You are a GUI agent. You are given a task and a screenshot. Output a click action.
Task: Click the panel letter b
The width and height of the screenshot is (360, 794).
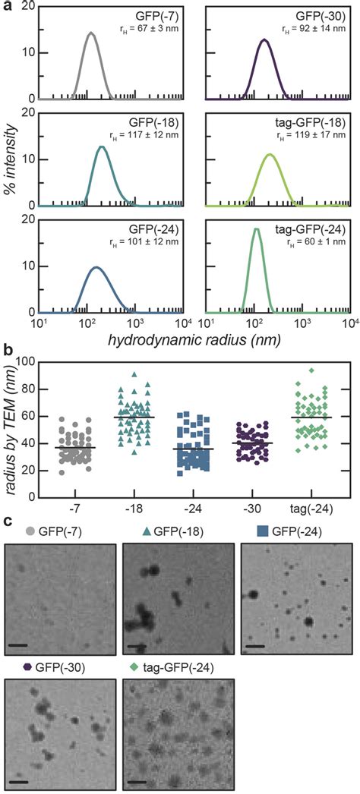coord(7,352)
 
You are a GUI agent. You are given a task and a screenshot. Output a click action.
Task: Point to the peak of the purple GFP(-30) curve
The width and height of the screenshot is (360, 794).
coord(264,39)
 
